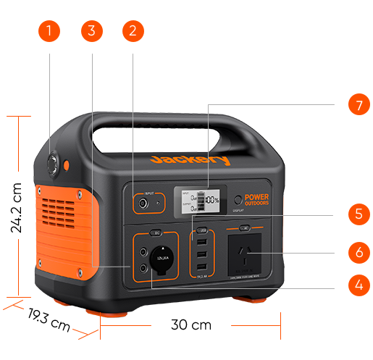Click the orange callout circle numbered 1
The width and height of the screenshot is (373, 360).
click(49, 31)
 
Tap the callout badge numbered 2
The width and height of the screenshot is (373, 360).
click(133, 31)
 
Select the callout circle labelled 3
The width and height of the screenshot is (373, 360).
click(91, 31)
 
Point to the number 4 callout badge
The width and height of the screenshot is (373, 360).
click(359, 285)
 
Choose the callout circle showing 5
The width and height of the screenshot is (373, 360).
click(359, 214)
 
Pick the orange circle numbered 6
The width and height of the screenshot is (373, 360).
click(359, 253)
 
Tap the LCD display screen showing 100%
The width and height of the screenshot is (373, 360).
click(197, 201)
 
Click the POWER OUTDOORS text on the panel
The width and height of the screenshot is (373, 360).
click(257, 200)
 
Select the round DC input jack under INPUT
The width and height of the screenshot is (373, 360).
click(143, 205)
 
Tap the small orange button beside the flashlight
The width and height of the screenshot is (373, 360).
click(67, 166)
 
